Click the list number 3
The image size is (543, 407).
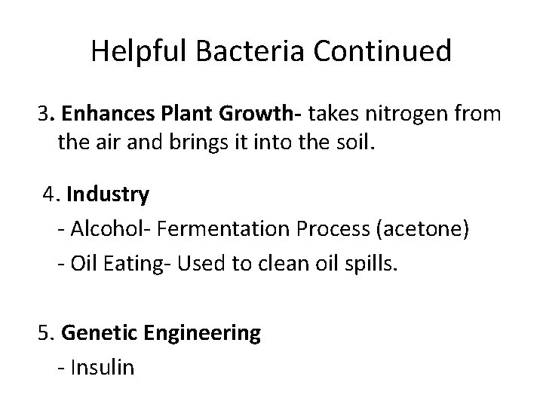[x=44, y=115]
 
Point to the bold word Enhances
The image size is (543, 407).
[x=104, y=115]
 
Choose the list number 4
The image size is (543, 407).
[x=51, y=195]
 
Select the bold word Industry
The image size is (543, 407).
[x=108, y=195]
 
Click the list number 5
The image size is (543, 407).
[x=44, y=333]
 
